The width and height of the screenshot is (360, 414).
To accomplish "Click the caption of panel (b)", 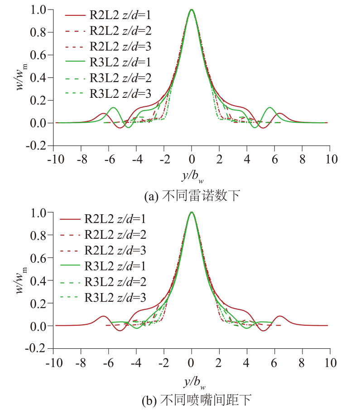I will (x=192, y=400).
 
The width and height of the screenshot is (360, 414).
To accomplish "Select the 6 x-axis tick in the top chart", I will (x=274, y=159).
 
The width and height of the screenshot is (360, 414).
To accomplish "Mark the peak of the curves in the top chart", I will (x=192, y=10).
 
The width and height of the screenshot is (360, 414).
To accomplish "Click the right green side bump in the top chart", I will (x=270, y=108).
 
